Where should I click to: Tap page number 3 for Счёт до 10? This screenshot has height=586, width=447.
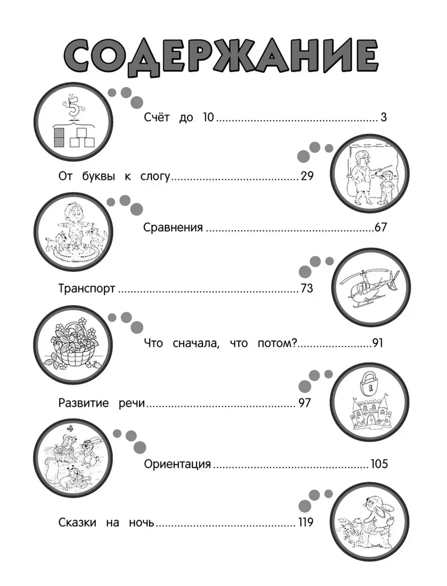(384, 117)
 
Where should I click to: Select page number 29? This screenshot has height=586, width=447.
(307, 176)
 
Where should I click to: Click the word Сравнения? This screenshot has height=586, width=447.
(173, 227)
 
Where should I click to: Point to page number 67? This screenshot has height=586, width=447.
(381, 227)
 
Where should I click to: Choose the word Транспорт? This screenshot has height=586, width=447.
(87, 289)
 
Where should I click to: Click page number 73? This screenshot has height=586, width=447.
(307, 288)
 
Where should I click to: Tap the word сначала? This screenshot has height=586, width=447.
(196, 343)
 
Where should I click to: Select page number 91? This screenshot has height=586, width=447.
(378, 343)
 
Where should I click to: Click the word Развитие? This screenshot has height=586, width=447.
(83, 403)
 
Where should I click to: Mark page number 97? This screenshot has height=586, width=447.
(305, 403)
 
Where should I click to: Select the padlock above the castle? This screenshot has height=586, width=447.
(369, 386)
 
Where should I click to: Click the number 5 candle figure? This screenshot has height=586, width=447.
(74, 108)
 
